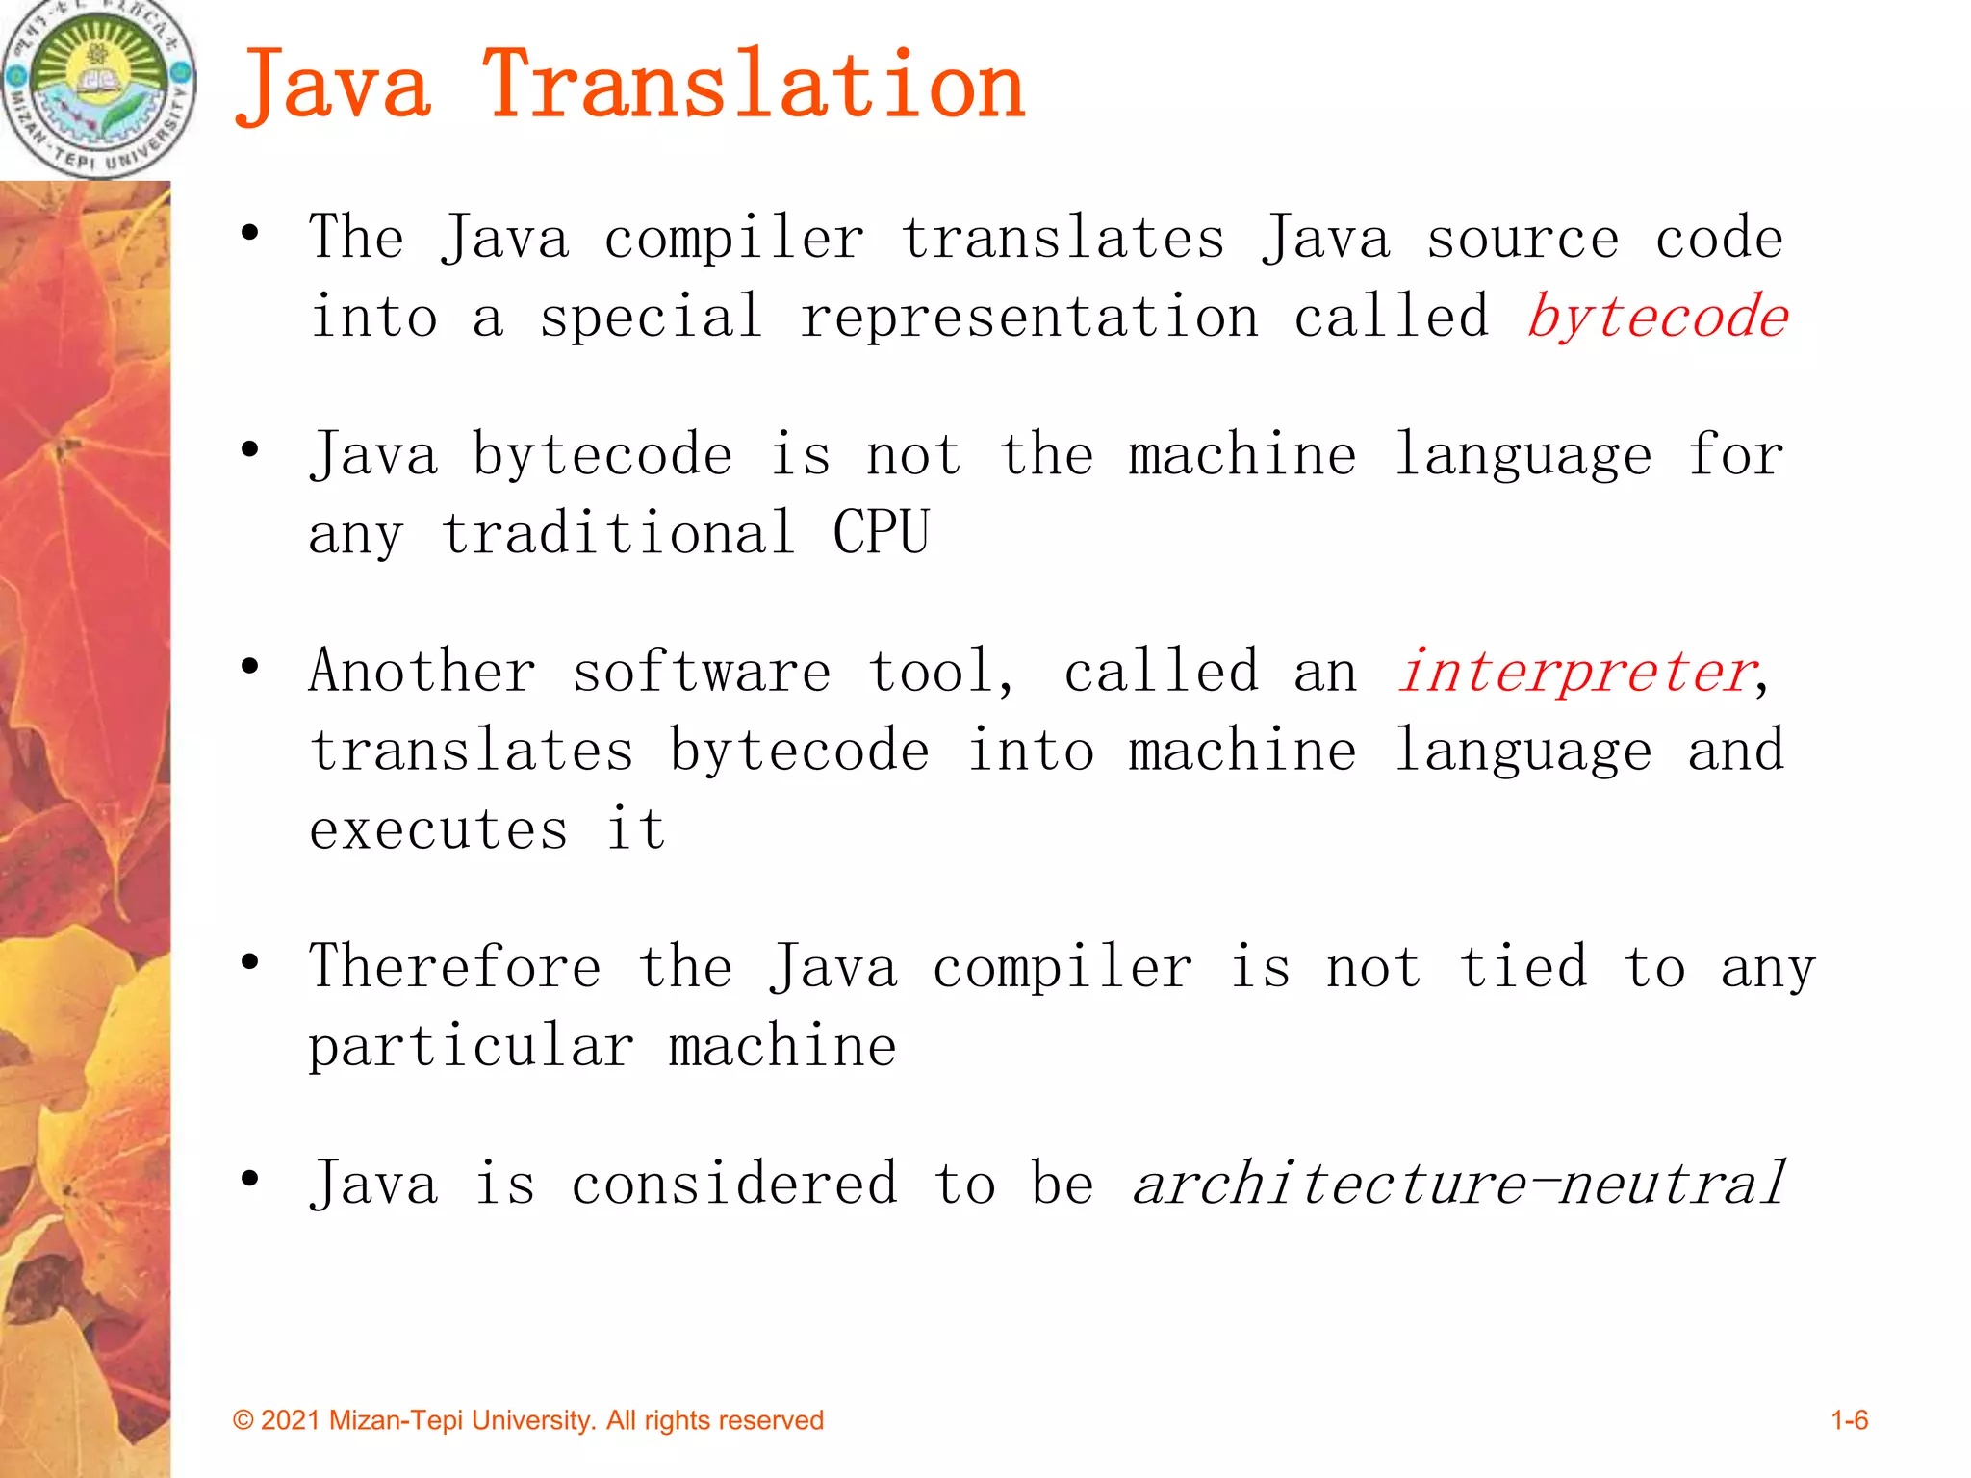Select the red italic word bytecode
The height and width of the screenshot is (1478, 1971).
tap(1657, 318)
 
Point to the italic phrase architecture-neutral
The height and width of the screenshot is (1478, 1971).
tap(1459, 1184)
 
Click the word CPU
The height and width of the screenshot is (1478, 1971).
tap(881, 533)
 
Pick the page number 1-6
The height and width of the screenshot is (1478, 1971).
tap(1849, 1420)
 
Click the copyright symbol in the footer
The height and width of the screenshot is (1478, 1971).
tap(243, 1421)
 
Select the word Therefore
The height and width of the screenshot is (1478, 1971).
tap(455, 966)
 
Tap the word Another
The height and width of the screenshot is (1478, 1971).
tap(422, 672)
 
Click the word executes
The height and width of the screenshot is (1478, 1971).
tap(438, 829)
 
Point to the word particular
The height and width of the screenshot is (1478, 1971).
tap(471, 1047)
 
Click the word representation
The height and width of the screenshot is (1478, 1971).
tap(1029, 318)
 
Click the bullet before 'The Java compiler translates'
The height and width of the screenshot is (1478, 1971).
tap(250, 233)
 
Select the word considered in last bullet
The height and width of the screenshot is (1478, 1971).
tap(734, 1184)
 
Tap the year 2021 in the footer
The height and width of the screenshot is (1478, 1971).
tap(290, 1421)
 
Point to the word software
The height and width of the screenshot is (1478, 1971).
tap(701, 672)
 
